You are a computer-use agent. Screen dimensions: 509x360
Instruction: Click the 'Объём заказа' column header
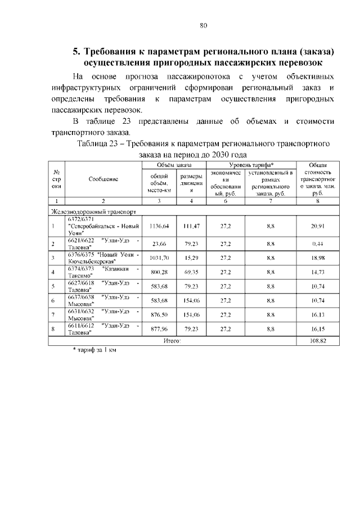click(x=174, y=165)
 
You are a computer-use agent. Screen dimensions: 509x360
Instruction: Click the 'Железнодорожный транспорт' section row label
click(x=92, y=212)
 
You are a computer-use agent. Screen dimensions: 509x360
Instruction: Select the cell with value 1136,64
click(x=159, y=226)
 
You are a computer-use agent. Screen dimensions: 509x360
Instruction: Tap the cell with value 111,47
click(x=191, y=226)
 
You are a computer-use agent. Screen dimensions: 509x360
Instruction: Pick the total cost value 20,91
click(x=319, y=226)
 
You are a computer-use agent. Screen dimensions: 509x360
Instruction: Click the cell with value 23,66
click(x=159, y=244)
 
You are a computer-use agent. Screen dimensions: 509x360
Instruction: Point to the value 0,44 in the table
click(x=319, y=244)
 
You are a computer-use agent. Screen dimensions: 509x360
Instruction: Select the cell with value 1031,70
click(x=159, y=258)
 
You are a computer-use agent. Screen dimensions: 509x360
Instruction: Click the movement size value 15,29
click(x=191, y=258)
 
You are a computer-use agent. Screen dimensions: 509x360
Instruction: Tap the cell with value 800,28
click(x=159, y=272)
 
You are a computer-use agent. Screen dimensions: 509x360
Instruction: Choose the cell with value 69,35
click(x=191, y=272)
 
